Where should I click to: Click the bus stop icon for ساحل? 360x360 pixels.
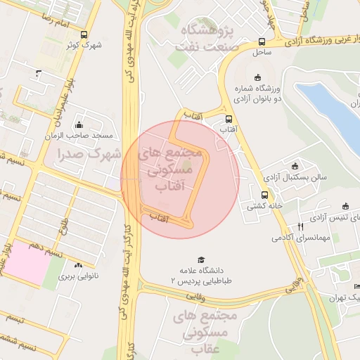[262, 41]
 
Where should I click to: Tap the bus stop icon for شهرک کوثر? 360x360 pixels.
[84, 34]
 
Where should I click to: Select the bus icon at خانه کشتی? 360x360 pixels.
[264, 195]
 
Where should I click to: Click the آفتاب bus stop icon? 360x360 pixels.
[229, 119]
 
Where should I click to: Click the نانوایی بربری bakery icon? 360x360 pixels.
[77, 266]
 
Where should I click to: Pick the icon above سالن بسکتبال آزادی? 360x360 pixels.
[295, 167]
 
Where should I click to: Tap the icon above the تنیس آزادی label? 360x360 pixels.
[345, 206]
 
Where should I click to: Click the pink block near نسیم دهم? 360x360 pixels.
[27, 267]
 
